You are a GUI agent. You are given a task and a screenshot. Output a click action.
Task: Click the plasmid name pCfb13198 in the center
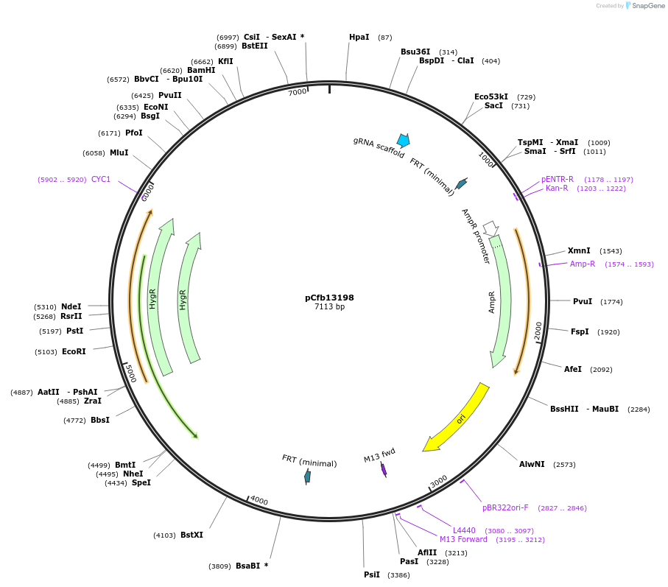tap(329, 298)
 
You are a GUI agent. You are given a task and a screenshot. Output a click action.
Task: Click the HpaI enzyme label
tap(359, 37)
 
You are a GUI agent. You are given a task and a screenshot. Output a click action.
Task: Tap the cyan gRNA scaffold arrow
tap(403, 140)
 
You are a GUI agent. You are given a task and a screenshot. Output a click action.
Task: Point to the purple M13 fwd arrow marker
tap(384, 469)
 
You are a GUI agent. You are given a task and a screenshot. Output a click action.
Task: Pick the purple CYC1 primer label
tap(101, 179)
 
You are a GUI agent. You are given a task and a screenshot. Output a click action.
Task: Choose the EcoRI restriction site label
tap(74, 351)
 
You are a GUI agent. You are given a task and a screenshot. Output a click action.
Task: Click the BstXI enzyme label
tap(191, 535)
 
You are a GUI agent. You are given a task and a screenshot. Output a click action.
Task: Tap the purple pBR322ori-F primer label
tap(505, 507)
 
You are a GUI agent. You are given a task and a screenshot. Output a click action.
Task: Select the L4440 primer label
tap(464, 530)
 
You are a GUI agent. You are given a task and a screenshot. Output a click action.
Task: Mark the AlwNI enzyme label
tap(532, 464)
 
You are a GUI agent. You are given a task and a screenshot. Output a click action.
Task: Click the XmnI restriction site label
tap(579, 250)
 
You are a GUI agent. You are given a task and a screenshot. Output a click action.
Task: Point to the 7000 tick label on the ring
tap(297, 92)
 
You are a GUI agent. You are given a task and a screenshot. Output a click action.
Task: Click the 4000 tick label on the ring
tap(259, 501)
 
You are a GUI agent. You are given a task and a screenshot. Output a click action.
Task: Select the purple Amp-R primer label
tap(582, 264)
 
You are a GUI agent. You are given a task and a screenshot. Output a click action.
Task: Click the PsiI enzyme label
tap(372, 574)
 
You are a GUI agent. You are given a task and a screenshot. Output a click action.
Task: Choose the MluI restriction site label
tap(119, 152)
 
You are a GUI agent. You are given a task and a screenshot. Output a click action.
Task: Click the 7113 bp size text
tap(329, 307)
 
